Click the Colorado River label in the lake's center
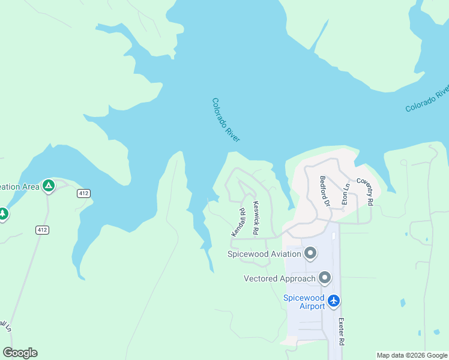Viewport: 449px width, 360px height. [226, 120]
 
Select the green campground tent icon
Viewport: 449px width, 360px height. [49, 185]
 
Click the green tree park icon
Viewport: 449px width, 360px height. [3, 213]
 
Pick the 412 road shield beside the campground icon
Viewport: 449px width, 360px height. [83, 193]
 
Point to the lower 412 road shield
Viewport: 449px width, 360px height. [41, 230]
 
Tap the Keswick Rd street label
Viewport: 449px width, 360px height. [256, 217]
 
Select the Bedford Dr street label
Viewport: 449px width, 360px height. [325, 191]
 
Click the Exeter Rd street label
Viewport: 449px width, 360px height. [341, 331]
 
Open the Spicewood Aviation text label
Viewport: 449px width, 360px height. [264, 254]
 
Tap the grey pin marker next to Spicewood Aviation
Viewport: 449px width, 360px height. [310, 253]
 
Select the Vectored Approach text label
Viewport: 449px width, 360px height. [279, 278]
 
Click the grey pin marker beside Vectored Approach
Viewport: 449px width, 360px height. [325, 278]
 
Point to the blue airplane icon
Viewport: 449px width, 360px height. [334, 301]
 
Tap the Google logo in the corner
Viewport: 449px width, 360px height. [20, 353]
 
